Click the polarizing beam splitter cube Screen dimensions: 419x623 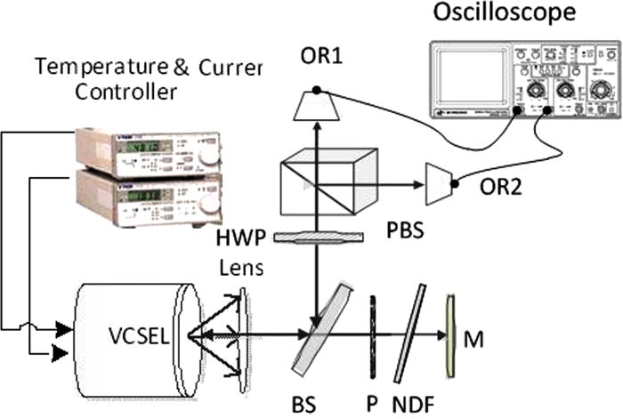(x=321, y=183)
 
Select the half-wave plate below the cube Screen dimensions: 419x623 (x=319, y=237)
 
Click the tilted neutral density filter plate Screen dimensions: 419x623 (x=410, y=333)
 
